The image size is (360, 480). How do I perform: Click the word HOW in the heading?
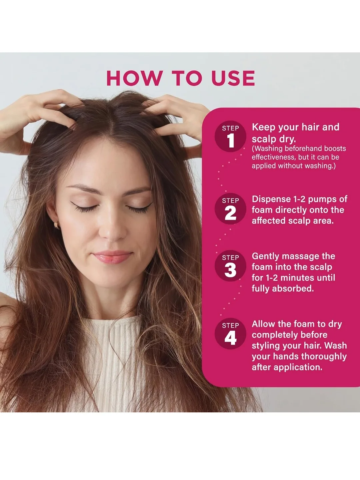tap(133, 78)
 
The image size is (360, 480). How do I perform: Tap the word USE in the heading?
tap(233, 78)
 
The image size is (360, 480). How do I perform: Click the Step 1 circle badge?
tap(230, 136)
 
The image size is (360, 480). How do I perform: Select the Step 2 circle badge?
tap(230, 209)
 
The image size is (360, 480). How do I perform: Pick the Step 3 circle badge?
tap(230, 266)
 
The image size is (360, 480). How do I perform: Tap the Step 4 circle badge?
tap(230, 334)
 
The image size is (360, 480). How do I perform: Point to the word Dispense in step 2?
tap(271, 199)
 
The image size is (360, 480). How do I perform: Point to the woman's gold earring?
tap(56, 225)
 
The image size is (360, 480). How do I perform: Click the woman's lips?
tap(112, 257)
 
